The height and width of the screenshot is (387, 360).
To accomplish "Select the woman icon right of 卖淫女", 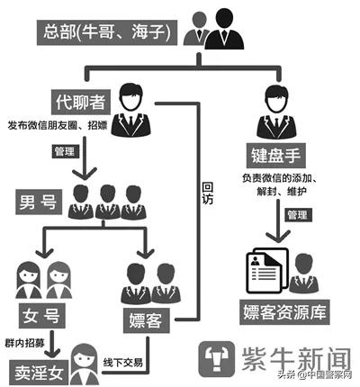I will point(85,361).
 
